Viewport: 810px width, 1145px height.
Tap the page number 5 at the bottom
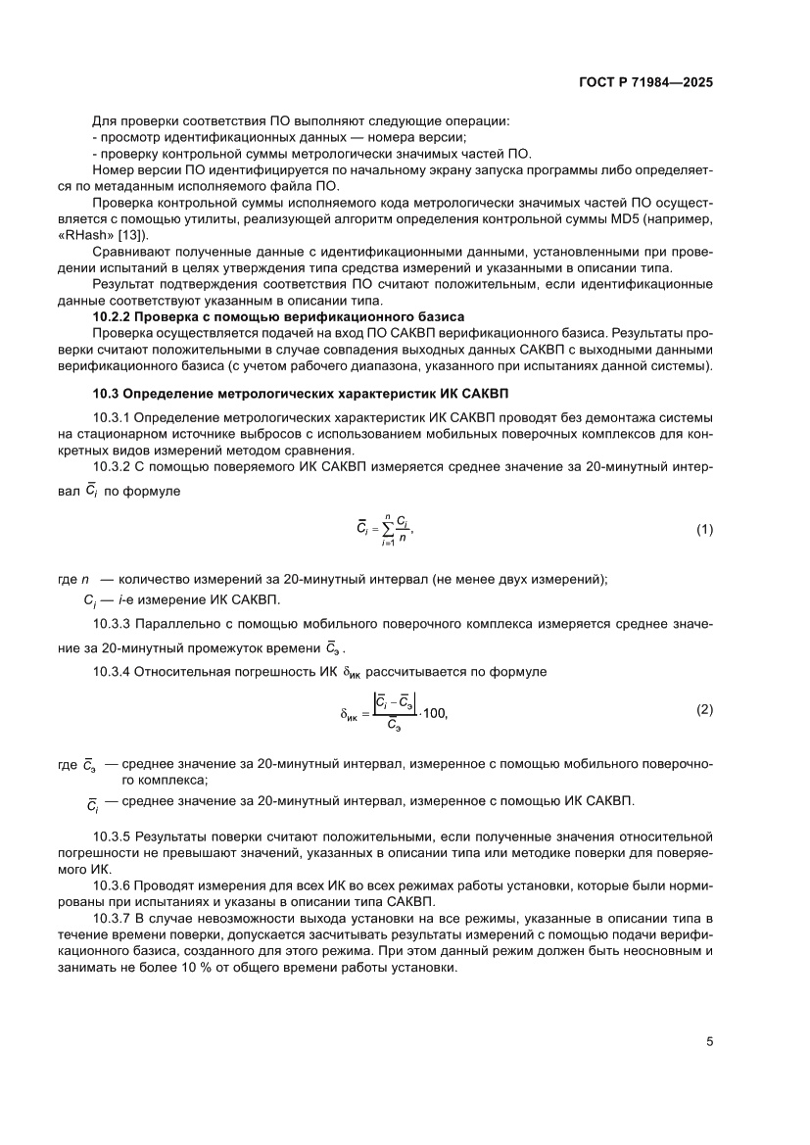point(709,1041)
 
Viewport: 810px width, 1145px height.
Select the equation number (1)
point(704,530)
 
